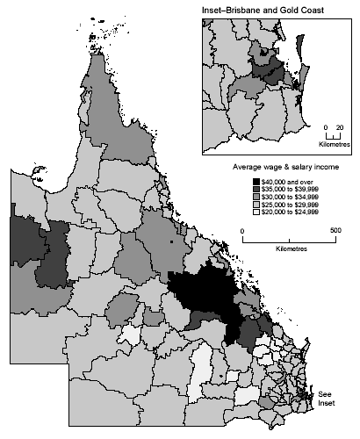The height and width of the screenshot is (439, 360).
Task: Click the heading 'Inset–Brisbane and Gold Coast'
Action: coord(261,10)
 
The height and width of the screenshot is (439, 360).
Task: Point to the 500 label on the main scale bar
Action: coord(335,231)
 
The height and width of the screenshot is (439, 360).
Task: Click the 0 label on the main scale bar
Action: coord(243,231)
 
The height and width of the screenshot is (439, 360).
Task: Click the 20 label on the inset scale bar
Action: coord(339,126)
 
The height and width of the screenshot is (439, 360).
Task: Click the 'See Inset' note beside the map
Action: coord(326,397)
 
